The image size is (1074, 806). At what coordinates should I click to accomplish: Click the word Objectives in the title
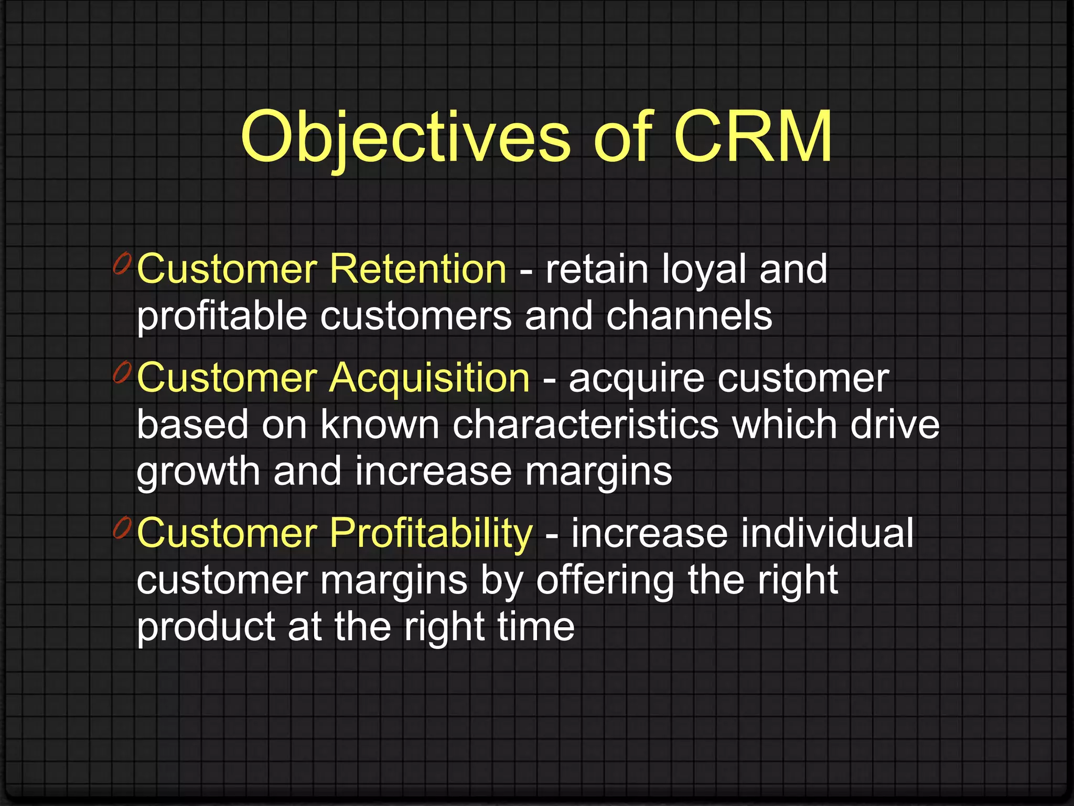405,137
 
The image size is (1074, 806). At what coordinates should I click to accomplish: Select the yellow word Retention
417,269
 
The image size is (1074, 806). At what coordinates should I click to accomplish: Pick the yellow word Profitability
431,533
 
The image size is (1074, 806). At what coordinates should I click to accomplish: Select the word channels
689,316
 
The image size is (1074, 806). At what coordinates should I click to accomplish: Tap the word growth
198,471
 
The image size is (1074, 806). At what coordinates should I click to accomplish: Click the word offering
605,580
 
